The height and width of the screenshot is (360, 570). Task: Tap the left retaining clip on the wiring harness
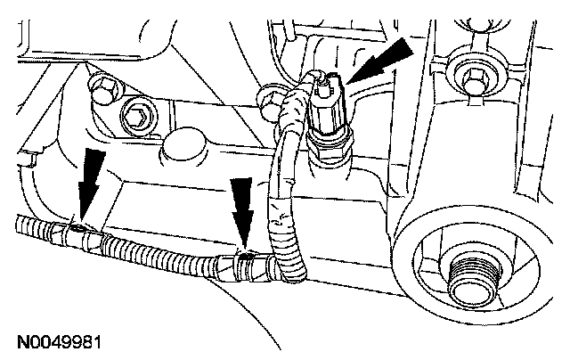coord(79,232)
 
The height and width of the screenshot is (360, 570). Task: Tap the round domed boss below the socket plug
coord(181,148)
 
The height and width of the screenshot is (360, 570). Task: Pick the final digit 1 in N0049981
coord(97,342)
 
